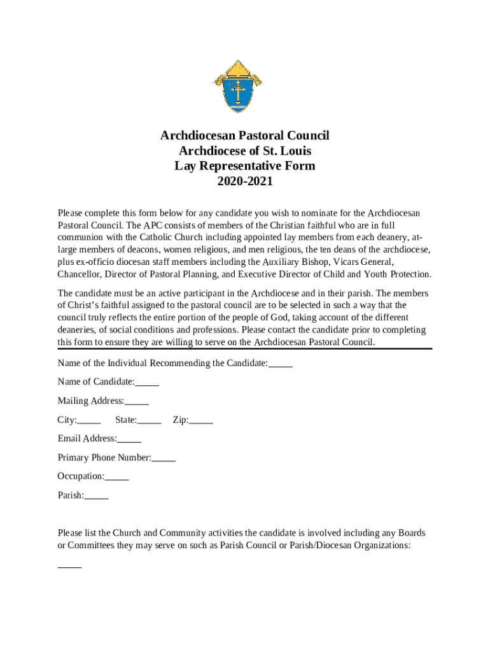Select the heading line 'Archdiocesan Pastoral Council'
(245, 136)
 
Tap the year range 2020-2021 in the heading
(245, 181)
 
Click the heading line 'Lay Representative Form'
(245, 166)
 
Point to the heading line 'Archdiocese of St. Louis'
(245, 151)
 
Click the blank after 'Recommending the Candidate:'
(281, 365)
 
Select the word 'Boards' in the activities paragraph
(412, 533)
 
